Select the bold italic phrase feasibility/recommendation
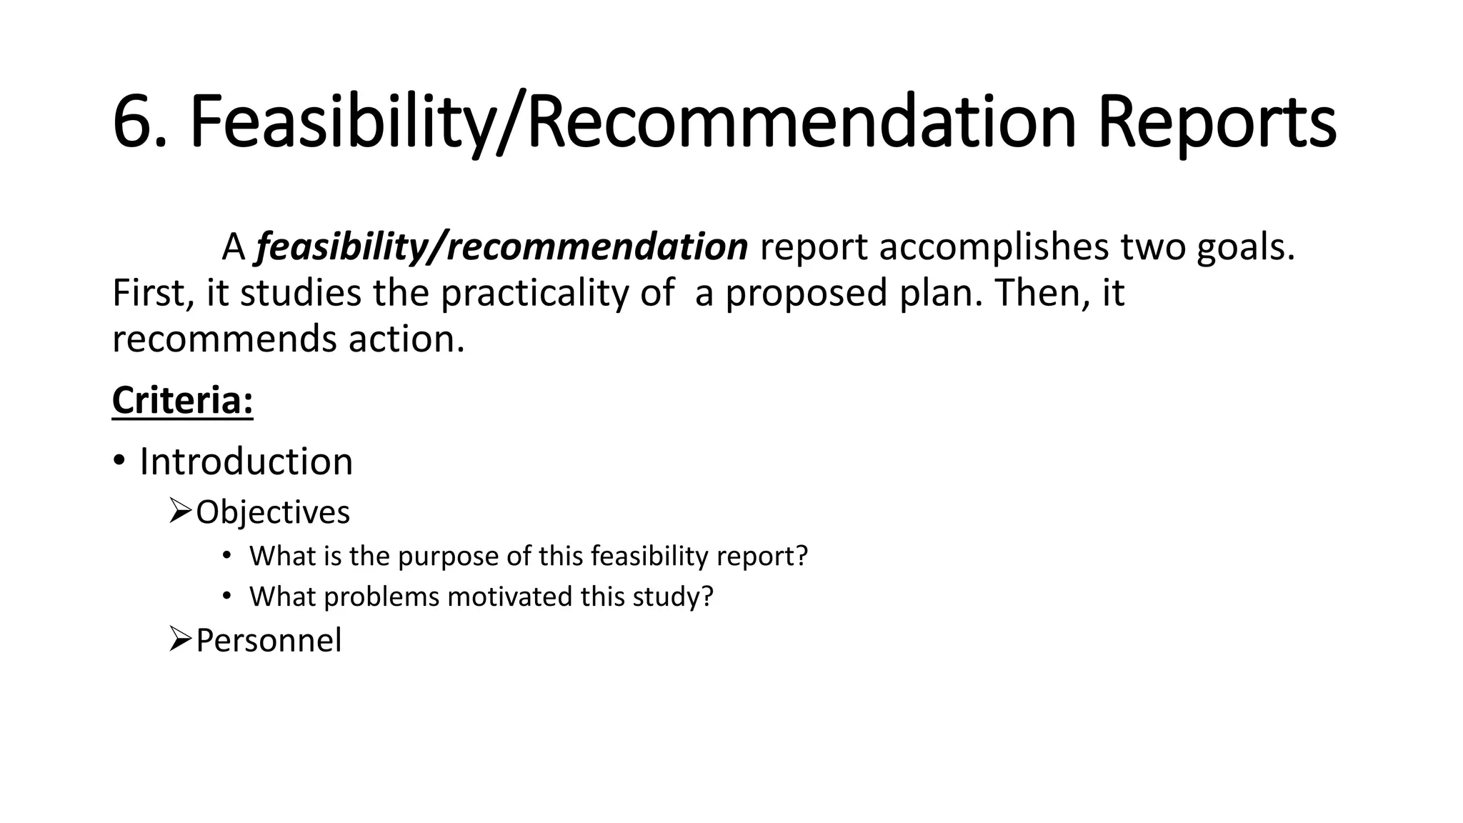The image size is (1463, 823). [501, 247]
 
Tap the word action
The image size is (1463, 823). [406, 339]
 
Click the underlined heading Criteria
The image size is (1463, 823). [182, 400]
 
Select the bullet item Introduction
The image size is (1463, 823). [246, 462]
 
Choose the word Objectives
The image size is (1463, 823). [273, 512]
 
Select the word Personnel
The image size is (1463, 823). [269, 640]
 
